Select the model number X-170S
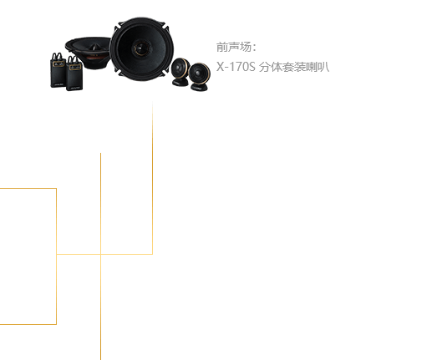pos(236,67)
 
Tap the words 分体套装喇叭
pos(294,67)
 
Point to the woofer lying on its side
pos(88,53)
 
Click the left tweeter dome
pos(180,68)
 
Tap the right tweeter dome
pos(199,73)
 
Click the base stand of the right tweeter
pos(199,87)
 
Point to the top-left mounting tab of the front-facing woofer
pos(117,27)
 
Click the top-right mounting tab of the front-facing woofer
pos(165,27)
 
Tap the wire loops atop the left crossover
pos(58,56)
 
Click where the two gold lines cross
pos(100,254)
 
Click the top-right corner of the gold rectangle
pos(56,189)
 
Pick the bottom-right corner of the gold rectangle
pos(56,324)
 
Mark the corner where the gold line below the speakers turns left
pos(152,254)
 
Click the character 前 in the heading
pos(222,47)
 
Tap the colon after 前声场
pos(254,48)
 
